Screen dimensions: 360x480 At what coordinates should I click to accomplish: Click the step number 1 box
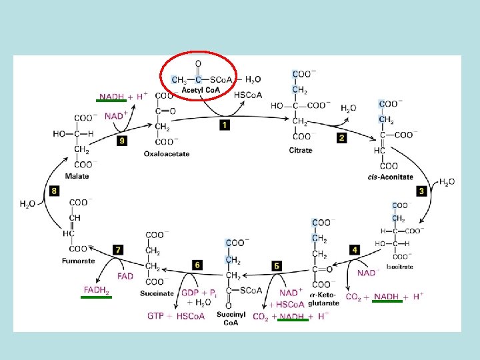click(225, 125)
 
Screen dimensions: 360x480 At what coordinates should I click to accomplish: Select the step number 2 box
click(342, 138)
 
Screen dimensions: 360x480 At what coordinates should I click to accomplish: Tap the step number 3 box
click(421, 191)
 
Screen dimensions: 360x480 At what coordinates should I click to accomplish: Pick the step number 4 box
click(355, 250)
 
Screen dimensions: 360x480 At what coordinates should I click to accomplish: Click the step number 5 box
click(277, 266)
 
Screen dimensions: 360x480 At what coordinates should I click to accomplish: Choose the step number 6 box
click(197, 265)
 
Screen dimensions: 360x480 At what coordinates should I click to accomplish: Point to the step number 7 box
click(118, 250)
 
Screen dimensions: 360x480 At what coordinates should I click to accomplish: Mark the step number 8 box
click(54, 191)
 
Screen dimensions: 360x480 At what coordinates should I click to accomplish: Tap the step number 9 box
click(121, 141)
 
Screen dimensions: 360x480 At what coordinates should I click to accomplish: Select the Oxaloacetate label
click(167, 154)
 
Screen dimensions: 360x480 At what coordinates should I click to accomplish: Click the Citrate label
click(300, 151)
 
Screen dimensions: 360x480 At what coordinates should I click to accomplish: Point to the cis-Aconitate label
click(390, 177)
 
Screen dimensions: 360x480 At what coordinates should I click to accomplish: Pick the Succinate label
click(157, 293)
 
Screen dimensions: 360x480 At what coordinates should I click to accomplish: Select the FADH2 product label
click(97, 290)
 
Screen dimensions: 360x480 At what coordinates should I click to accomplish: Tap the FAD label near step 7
click(125, 275)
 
